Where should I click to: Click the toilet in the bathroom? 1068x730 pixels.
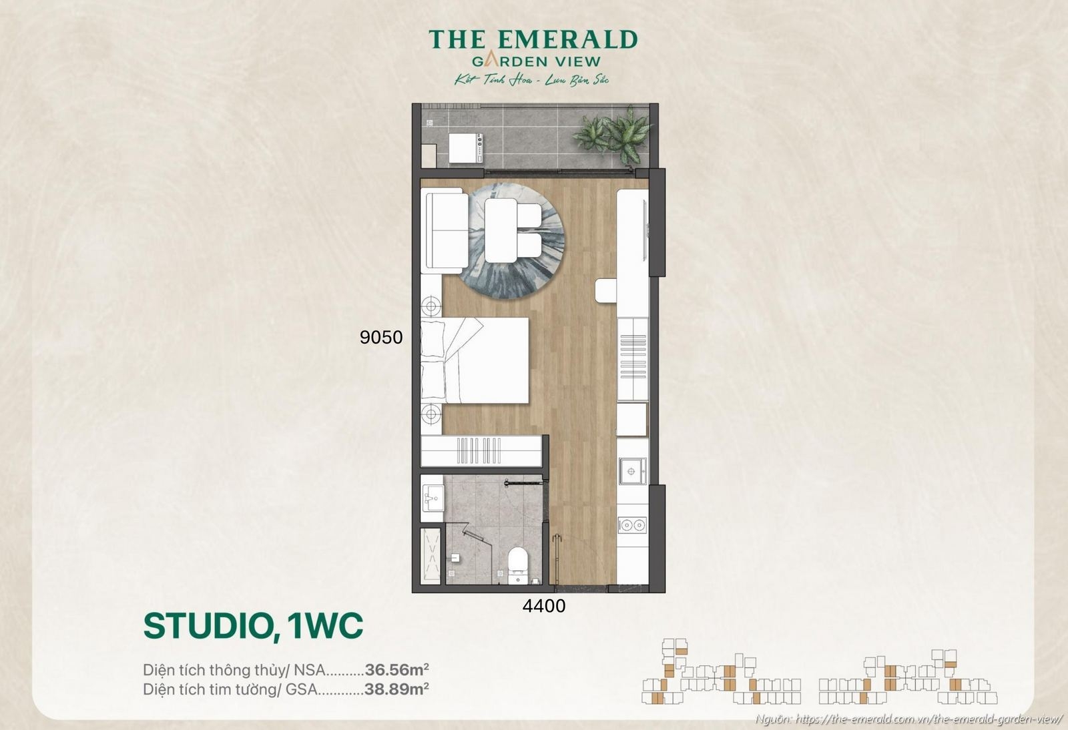tap(518, 565)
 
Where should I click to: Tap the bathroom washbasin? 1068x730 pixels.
tap(433, 496)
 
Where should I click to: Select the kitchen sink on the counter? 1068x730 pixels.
tap(631, 471)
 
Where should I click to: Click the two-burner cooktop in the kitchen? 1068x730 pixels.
tap(631, 525)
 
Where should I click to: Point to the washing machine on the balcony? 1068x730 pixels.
tap(465, 147)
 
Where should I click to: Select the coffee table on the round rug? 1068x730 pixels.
tap(501, 230)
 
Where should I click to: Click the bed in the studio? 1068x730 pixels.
tap(475, 360)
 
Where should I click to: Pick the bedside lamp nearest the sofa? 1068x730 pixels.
tap(431, 306)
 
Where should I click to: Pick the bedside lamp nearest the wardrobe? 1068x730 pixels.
tap(431, 414)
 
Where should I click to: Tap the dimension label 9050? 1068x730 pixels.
tap(381, 338)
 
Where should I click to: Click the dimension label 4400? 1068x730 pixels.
tap(543, 606)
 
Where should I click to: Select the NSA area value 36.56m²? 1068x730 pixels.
tap(396, 669)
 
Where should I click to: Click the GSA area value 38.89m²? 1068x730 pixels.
tap(396, 689)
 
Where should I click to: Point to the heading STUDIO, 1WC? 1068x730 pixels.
tap(253, 626)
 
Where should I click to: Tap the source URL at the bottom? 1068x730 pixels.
tap(928, 719)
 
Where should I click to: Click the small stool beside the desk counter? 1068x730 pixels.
tap(606, 291)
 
